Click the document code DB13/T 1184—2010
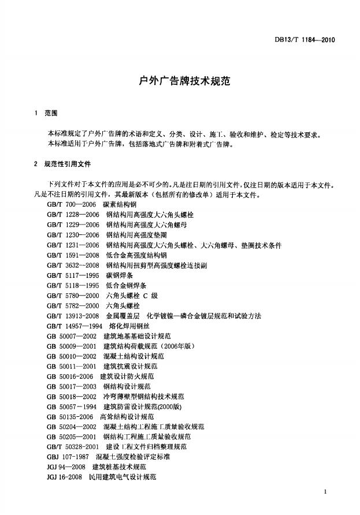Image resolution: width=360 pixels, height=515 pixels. pos(307,40)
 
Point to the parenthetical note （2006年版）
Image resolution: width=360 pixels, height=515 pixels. pos(177,346)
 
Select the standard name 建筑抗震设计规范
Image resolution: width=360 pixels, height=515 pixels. pos(129,366)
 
